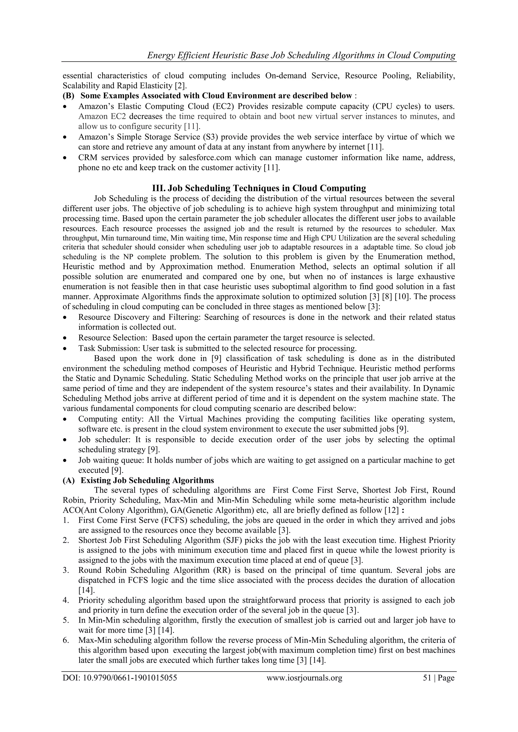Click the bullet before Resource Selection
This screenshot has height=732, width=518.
pos(66,338)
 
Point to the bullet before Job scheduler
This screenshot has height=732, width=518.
pos(66,440)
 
